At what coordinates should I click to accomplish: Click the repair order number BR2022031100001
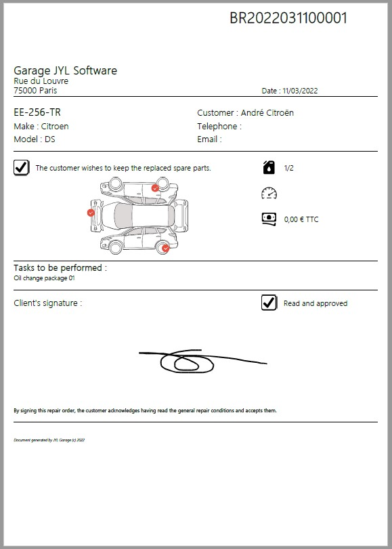(288, 18)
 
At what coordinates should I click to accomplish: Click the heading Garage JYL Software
(66, 70)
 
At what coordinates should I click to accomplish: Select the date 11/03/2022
(300, 91)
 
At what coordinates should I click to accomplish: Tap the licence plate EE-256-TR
(37, 112)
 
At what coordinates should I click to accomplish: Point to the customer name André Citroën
(267, 113)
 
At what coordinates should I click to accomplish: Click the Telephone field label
(219, 126)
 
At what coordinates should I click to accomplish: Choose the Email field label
(209, 139)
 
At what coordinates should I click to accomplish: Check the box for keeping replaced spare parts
(22, 168)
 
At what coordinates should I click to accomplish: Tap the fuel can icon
(269, 167)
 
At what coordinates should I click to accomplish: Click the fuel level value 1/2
(288, 168)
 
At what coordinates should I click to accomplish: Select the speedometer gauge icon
(269, 194)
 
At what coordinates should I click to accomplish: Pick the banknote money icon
(269, 219)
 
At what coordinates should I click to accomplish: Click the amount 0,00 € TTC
(301, 219)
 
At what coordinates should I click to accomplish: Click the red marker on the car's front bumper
(91, 213)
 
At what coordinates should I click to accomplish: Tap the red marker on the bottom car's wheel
(166, 248)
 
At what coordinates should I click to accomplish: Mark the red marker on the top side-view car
(155, 188)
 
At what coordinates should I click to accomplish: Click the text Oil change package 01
(44, 278)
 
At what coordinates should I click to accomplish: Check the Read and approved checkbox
(269, 303)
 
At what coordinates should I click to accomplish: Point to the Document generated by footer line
(49, 440)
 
